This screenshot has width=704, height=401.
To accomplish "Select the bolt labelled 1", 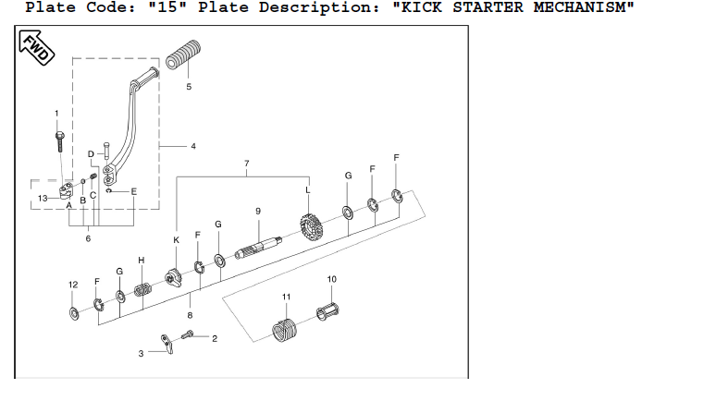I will tap(58, 140).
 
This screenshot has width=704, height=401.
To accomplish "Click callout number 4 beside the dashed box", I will tap(193, 146).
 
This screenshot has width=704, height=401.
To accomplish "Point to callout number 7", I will tap(247, 164).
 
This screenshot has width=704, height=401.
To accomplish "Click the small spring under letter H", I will tap(143, 290).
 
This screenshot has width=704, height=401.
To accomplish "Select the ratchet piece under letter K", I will tap(173, 277).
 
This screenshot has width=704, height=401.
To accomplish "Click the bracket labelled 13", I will tap(64, 193).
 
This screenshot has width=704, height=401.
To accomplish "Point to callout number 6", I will tap(88, 239).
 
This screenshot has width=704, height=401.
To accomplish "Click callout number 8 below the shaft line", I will tap(190, 315).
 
